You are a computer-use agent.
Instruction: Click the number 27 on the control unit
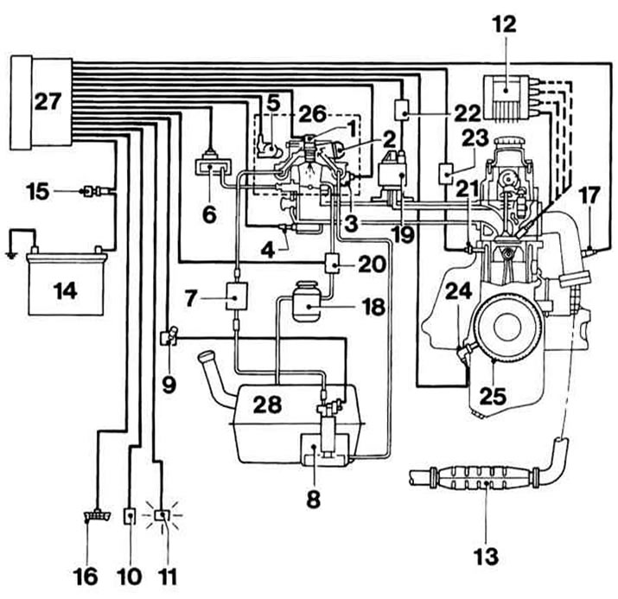(48, 102)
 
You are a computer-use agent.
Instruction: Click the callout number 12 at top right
(505, 24)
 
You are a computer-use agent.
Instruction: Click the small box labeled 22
(402, 109)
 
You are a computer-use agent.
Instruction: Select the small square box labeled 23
(446, 174)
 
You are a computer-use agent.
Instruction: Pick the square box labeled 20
(332, 262)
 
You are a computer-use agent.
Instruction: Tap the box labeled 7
(236, 296)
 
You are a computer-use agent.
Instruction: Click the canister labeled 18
(305, 302)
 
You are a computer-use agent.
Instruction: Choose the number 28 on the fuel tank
(268, 404)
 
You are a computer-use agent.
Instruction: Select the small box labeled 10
(130, 515)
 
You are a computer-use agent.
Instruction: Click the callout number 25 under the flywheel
(493, 396)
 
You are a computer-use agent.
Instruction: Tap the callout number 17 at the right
(589, 196)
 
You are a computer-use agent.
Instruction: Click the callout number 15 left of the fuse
(38, 192)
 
